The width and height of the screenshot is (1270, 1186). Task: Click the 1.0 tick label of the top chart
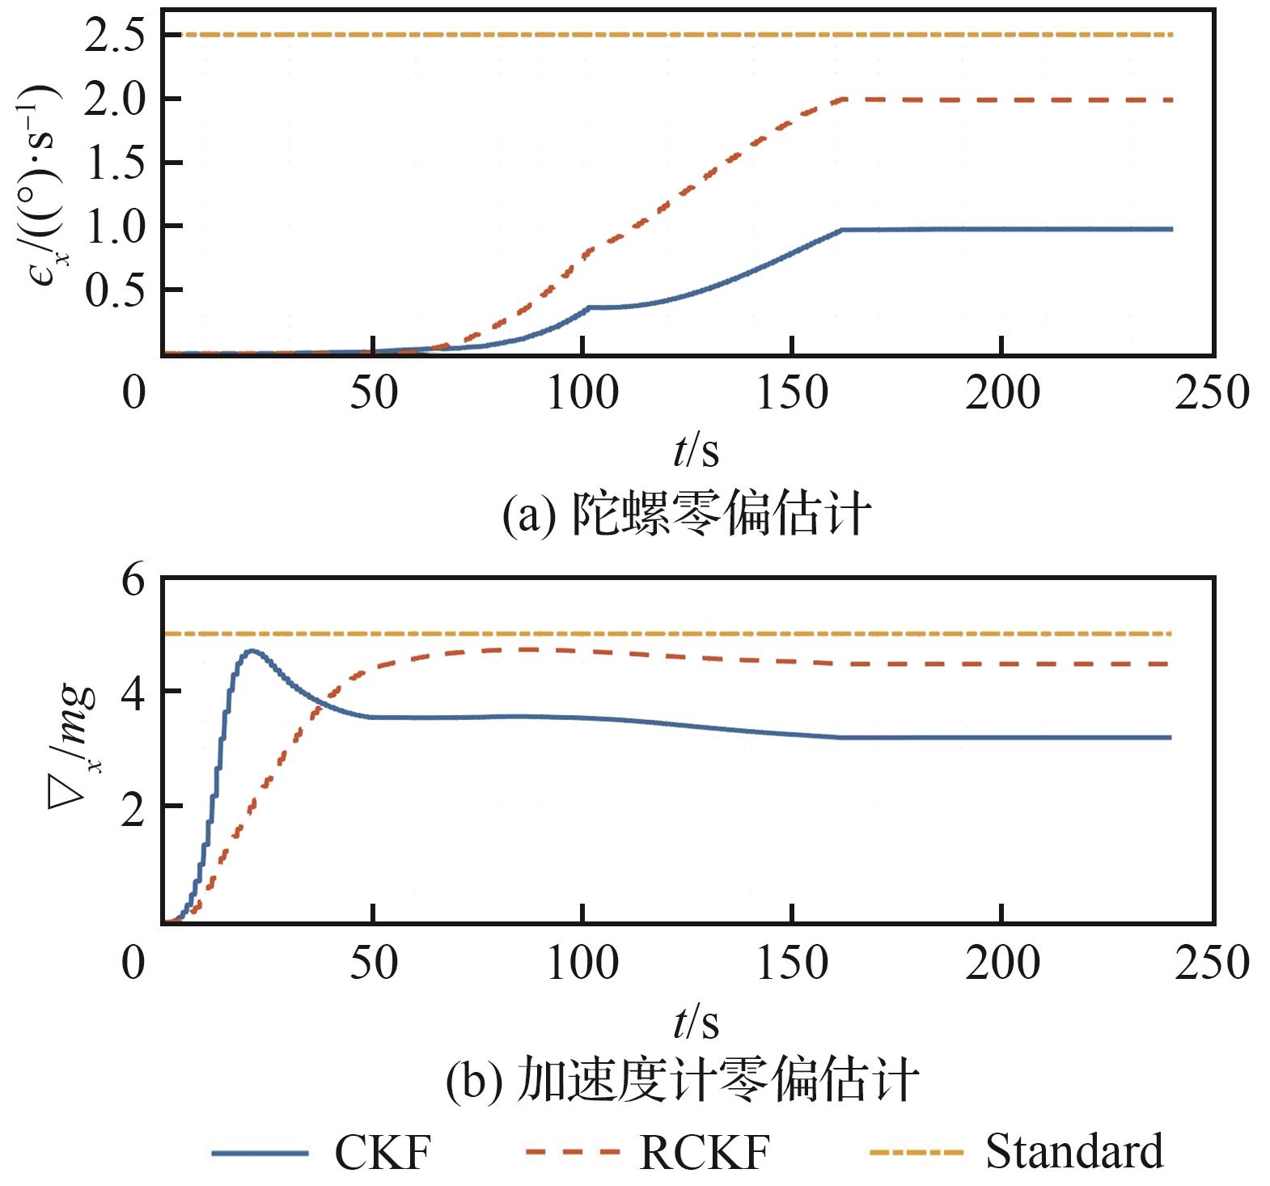[x=120, y=227]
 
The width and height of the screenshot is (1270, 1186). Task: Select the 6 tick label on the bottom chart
[x=133, y=581]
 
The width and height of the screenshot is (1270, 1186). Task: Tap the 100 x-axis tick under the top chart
[x=582, y=394]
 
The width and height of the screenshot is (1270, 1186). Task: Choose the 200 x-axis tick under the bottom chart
[x=1001, y=964]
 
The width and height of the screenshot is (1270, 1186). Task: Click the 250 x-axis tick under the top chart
[x=1211, y=394]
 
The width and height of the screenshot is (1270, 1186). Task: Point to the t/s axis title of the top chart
[x=696, y=451]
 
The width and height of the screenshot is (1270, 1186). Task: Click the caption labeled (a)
[x=686, y=514]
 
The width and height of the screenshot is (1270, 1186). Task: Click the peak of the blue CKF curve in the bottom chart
[x=252, y=650]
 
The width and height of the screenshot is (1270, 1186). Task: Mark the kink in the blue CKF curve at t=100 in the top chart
[x=588, y=307]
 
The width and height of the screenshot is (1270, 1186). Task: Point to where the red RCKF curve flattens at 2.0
[x=844, y=100]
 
